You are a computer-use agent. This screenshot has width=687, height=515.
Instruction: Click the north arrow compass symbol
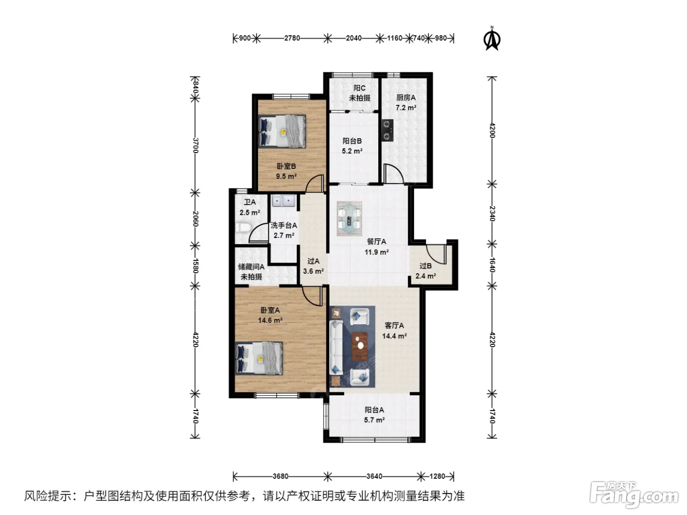(492, 39)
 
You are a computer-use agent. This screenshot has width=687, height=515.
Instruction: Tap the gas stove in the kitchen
(388, 130)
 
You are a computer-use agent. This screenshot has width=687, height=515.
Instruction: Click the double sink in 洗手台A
(284, 201)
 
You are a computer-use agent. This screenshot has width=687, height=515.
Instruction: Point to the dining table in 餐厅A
(349, 219)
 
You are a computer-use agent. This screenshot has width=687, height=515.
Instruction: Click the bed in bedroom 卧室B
(282, 130)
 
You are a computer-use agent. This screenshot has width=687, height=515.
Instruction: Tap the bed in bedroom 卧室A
(259, 358)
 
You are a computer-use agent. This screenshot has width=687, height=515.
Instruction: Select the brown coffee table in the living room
(360, 346)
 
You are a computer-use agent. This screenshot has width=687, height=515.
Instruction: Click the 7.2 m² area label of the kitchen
(406, 108)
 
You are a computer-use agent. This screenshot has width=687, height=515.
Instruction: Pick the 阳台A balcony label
(374, 410)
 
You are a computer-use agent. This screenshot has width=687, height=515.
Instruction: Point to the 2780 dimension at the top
(292, 38)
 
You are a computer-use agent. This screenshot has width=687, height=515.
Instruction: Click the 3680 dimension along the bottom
(280, 476)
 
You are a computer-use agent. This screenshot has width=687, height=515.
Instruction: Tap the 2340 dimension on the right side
(492, 213)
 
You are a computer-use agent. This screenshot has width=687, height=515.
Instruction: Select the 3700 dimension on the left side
(195, 145)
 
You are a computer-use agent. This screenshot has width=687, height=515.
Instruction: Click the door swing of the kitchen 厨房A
(393, 173)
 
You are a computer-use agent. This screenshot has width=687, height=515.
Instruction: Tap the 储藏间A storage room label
(251, 267)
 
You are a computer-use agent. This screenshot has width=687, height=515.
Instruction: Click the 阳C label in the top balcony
(359, 88)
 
